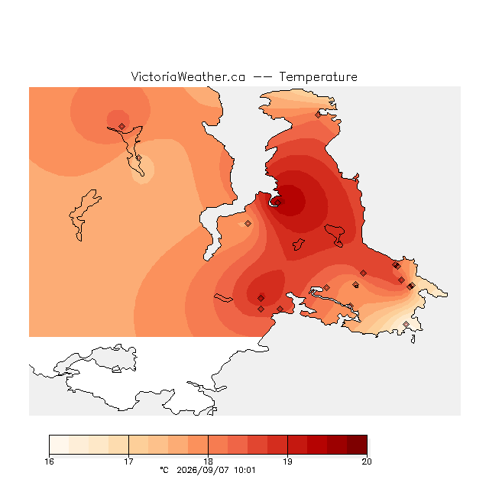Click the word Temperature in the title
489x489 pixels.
click(x=318, y=77)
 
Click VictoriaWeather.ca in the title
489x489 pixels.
click(x=188, y=77)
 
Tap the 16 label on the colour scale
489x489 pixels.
click(x=49, y=461)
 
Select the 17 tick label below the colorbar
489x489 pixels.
click(x=128, y=461)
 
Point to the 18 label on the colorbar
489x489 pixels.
click(x=208, y=461)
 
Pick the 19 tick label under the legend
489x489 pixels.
click(x=287, y=461)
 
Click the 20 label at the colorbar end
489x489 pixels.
click(x=367, y=461)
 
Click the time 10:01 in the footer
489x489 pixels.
click(x=244, y=471)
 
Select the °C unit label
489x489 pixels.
click(x=164, y=470)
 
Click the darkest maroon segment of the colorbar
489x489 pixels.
click(x=357, y=445)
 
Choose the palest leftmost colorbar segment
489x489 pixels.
click(x=59, y=445)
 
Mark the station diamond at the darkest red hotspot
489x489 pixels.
click(x=278, y=202)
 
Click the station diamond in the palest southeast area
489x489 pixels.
click(x=406, y=324)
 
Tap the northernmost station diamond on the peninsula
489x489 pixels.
click(x=318, y=115)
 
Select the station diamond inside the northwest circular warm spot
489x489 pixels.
click(x=122, y=126)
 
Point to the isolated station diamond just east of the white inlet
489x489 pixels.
click(x=248, y=223)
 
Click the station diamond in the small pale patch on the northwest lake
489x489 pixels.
click(x=139, y=158)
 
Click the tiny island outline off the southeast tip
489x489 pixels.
click(x=413, y=339)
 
